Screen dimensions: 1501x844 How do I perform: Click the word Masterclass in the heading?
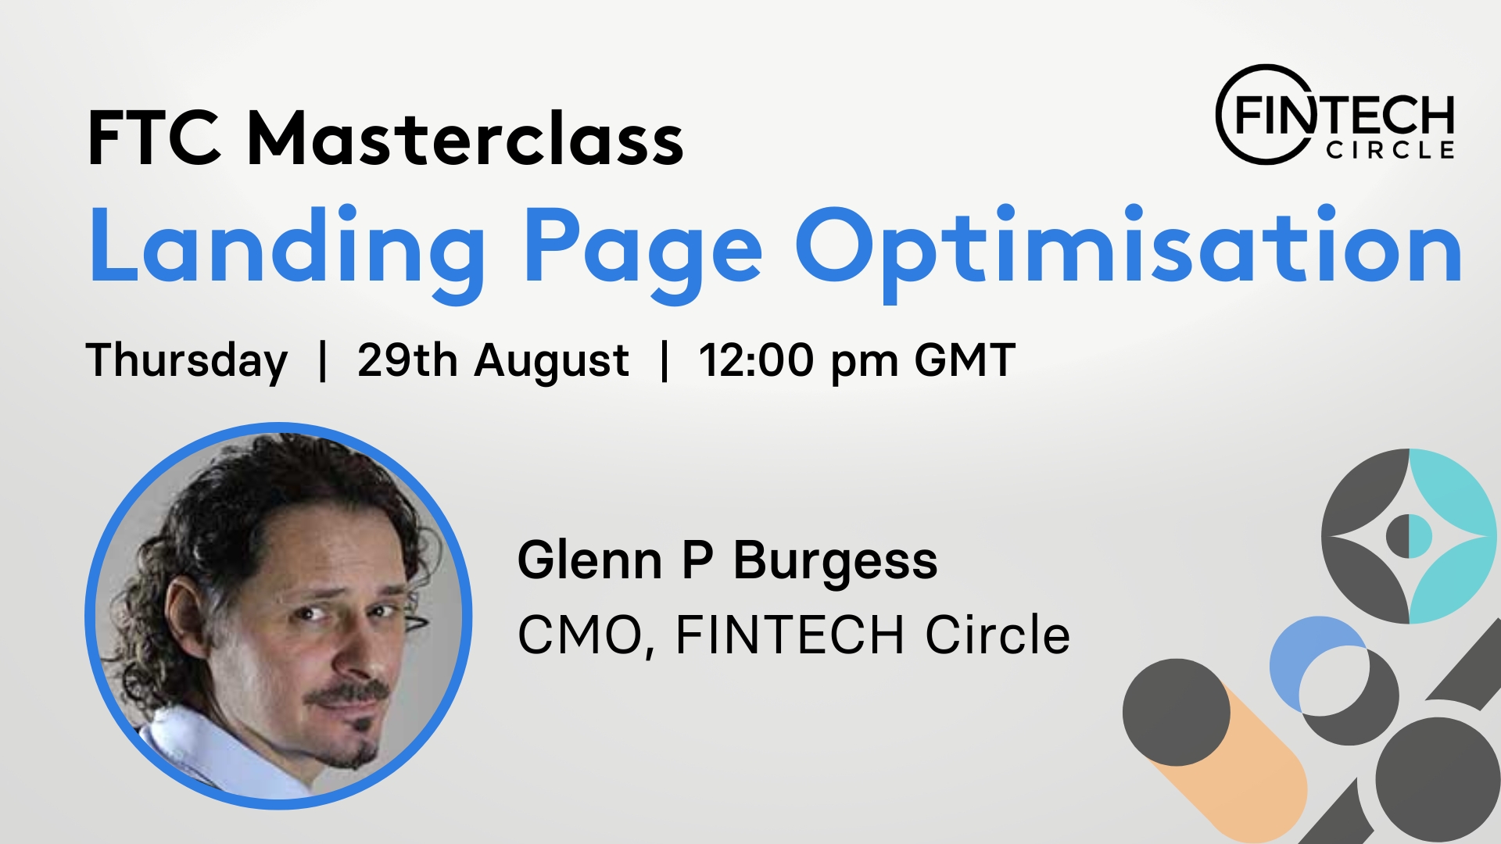[465, 138]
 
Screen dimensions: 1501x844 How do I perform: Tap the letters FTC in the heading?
[154, 138]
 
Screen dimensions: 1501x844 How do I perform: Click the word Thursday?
[187, 362]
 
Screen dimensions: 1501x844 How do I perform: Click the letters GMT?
[965, 360]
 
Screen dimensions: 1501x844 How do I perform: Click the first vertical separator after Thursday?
[323, 361]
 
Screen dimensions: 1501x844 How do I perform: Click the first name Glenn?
[590, 560]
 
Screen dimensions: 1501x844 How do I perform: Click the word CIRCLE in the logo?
[1390, 150]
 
